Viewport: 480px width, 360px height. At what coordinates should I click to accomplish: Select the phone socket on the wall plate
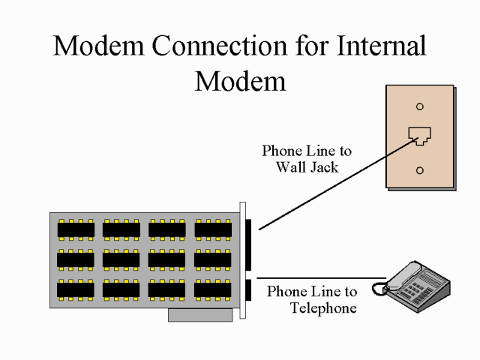(x=419, y=136)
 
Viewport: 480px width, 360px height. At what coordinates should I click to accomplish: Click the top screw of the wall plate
(x=419, y=106)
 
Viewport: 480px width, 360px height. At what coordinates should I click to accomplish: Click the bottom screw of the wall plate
(x=419, y=170)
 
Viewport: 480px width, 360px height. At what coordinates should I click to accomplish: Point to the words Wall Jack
(x=307, y=167)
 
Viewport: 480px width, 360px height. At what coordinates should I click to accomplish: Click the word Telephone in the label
(x=322, y=307)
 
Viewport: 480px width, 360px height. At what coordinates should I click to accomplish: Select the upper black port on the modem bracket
(x=250, y=244)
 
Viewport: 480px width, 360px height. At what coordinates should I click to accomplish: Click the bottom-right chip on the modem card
(x=213, y=289)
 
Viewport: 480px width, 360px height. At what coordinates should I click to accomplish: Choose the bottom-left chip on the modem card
(x=76, y=289)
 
